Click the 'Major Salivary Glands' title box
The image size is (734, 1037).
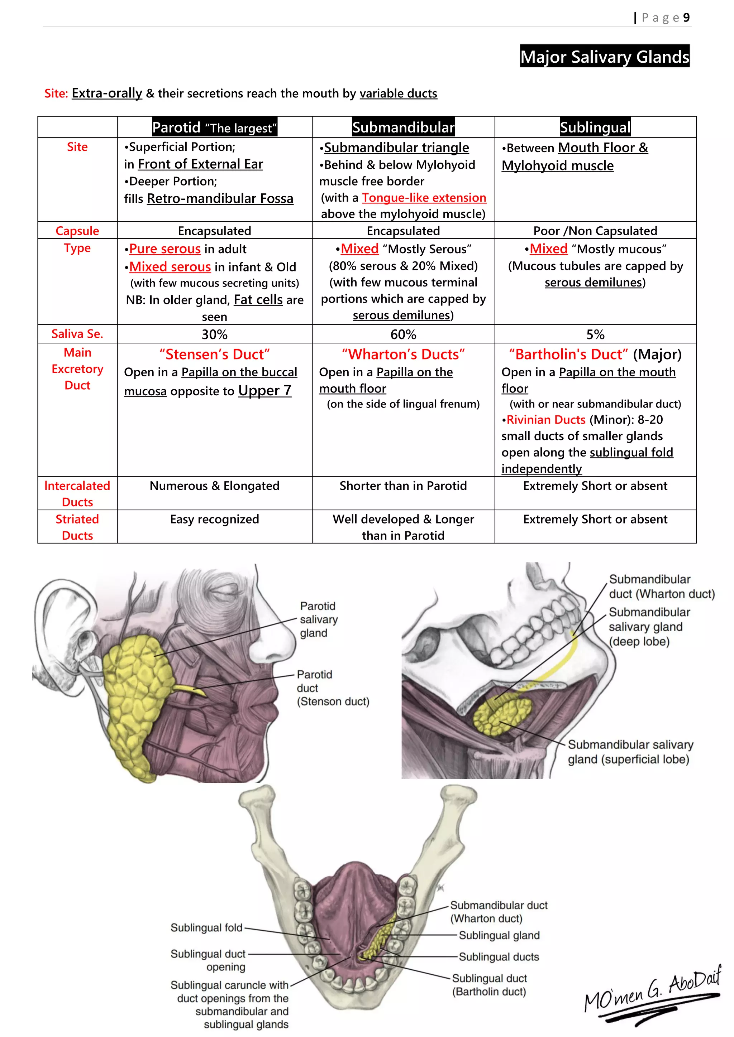(x=604, y=57)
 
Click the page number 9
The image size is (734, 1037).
(x=686, y=18)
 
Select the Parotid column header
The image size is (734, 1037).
(x=214, y=127)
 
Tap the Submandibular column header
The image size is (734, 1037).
(x=403, y=127)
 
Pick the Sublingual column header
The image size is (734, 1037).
(x=595, y=127)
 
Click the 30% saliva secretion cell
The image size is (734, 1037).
(x=214, y=334)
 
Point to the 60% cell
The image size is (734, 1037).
(x=403, y=334)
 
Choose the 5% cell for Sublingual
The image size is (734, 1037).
(x=595, y=334)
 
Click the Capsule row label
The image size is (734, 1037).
(x=77, y=230)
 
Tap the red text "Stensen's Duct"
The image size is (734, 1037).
(x=214, y=354)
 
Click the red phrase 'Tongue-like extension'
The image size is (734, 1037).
(x=424, y=197)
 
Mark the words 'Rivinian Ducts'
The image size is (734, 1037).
(x=545, y=420)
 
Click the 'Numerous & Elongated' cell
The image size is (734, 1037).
(x=214, y=486)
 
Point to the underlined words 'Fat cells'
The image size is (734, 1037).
(x=258, y=299)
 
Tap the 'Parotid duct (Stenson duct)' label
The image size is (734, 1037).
(x=332, y=688)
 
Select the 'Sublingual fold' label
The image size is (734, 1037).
(x=206, y=927)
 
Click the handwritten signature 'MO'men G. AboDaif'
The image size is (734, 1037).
(x=651, y=996)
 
